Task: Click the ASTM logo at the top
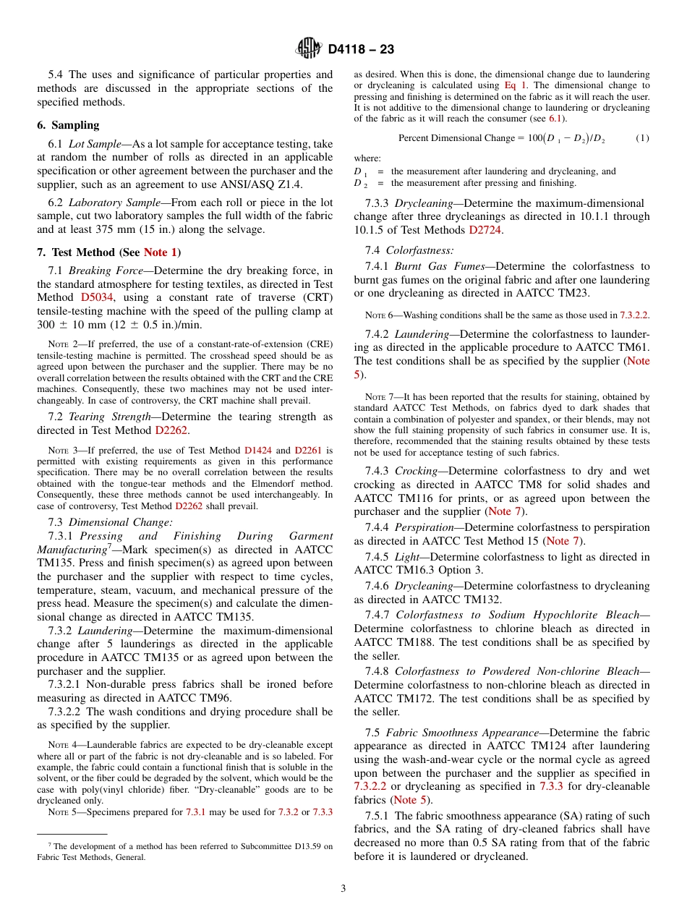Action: coord(309,48)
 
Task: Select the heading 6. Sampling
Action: coord(68,124)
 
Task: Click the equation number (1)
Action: coord(642,137)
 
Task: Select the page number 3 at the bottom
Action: coord(343,888)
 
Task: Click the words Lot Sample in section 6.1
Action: coord(94,144)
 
